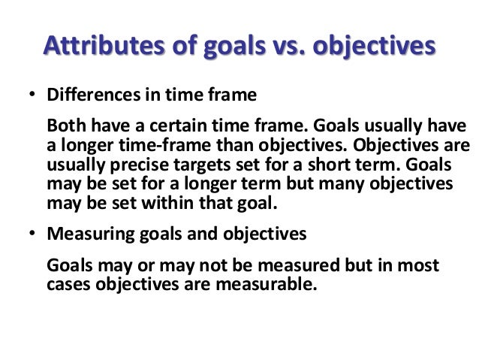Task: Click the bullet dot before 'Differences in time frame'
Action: [32, 97]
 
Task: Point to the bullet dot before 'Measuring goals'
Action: [32, 234]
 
